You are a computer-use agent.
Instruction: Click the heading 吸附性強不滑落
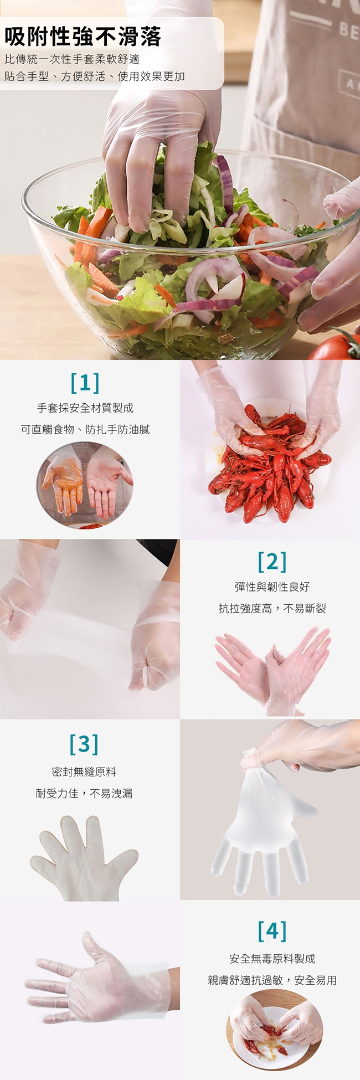point(83,37)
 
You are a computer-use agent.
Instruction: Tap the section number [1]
point(85,382)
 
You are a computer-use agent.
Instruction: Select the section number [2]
point(272,562)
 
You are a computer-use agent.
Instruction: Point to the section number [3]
point(84,744)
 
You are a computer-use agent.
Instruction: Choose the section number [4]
point(272,931)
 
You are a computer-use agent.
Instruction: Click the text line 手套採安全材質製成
point(85,408)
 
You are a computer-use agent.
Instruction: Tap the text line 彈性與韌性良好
point(272,587)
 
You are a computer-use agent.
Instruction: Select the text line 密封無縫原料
point(84,772)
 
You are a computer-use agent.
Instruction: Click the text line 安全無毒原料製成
point(272,959)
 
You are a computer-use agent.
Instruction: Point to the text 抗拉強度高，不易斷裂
point(272,609)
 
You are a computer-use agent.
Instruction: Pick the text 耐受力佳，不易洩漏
point(84,794)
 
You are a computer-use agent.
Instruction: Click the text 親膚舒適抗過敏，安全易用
point(272,980)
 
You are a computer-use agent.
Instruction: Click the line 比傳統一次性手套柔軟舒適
point(72,59)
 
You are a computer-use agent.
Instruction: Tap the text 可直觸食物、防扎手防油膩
point(85,430)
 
